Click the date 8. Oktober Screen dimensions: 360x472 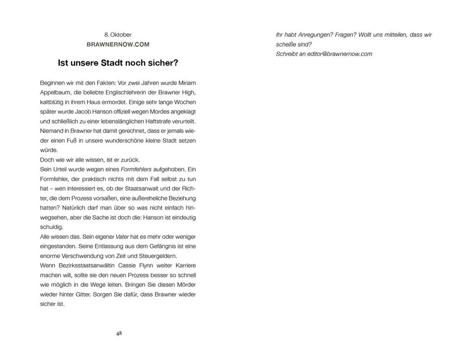[118, 35]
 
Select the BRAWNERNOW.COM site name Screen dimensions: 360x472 [118, 44]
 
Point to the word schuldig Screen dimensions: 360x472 [51, 227]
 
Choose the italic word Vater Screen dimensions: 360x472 [122, 236]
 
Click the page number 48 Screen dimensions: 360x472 [119, 333]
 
